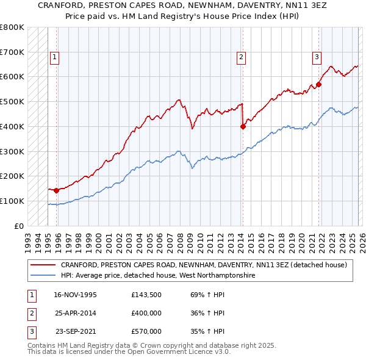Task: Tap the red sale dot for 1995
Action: [x=57, y=190]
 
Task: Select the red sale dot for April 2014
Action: [x=243, y=127]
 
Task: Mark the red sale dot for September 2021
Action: [x=318, y=85]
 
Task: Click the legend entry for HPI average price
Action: [x=158, y=276]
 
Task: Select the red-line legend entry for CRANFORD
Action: [x=204, y=265]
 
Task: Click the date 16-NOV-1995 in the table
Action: [x=75, y=295]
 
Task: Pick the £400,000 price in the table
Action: [x=146, y=313]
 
